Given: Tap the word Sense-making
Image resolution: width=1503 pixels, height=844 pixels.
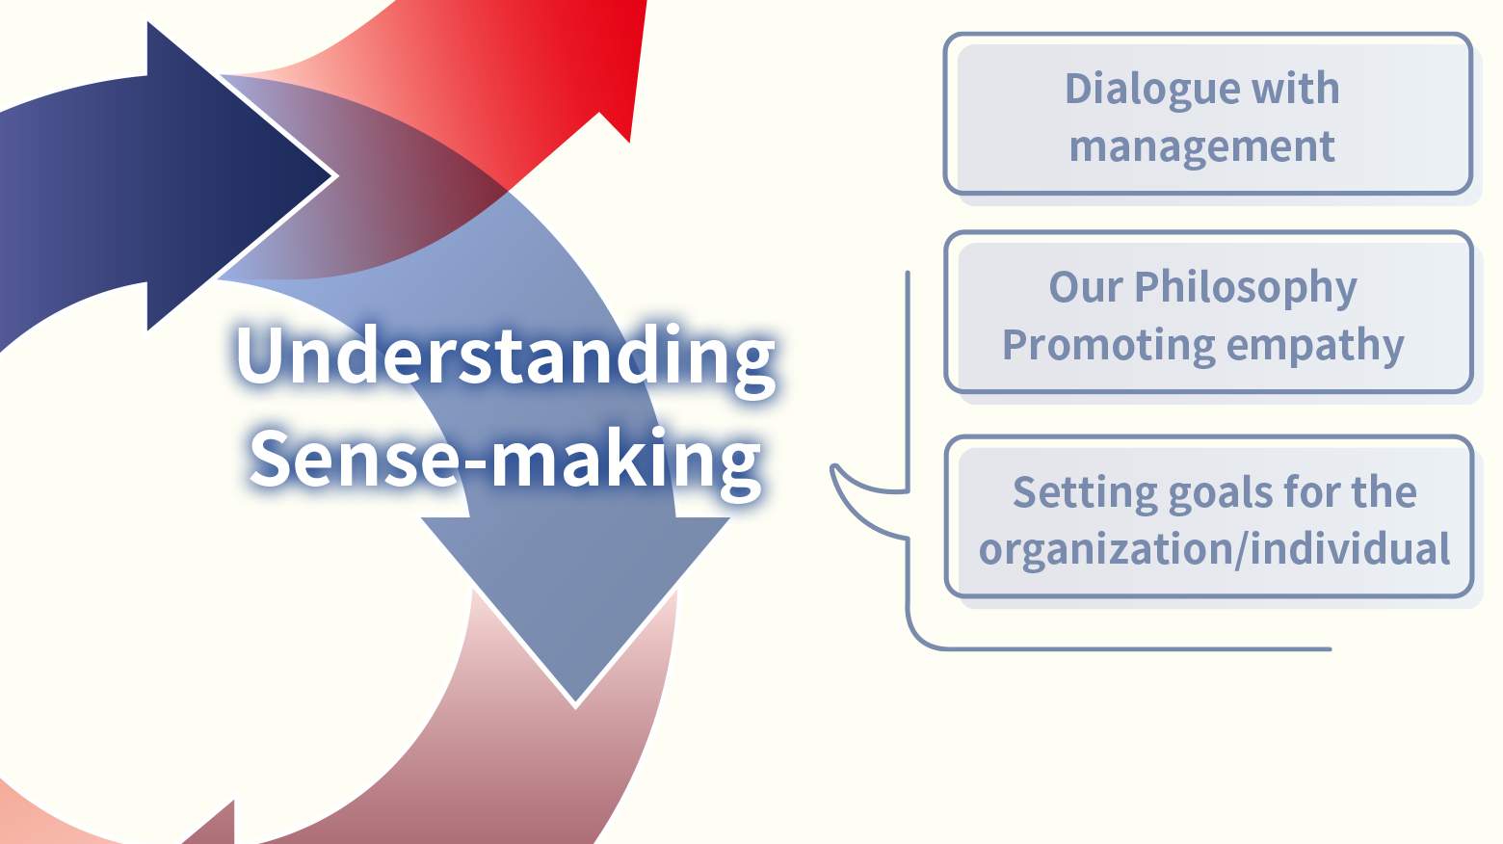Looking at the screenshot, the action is [505, 460].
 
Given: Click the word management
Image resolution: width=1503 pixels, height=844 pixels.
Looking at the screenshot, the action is [1201, 147].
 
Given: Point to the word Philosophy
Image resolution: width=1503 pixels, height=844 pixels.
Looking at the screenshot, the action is [1246, 288].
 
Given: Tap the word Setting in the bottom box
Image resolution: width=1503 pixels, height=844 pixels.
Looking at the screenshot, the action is [1085, 493].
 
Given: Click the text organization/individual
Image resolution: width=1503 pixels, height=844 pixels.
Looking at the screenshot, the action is [1215, 550].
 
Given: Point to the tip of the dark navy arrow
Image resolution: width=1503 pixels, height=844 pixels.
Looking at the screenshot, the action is [335, 176].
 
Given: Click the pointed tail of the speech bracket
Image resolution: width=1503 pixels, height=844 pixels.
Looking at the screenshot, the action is [833, 466].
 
